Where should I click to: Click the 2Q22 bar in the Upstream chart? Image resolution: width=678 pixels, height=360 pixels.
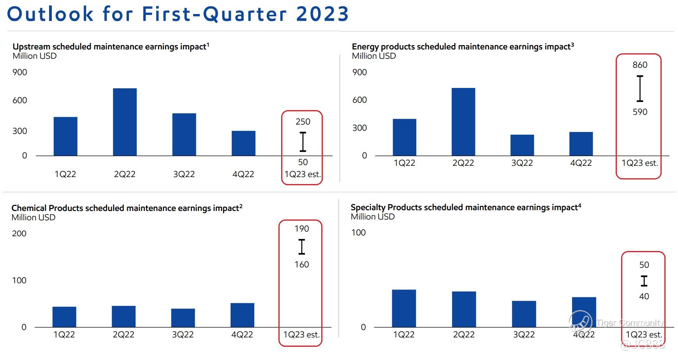point(125,122)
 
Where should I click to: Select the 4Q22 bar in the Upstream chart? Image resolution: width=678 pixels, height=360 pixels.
point(243,143)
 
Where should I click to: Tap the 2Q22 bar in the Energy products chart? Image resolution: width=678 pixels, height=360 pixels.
point(463,121)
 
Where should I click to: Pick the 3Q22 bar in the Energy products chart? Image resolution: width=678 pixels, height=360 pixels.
point(522,145)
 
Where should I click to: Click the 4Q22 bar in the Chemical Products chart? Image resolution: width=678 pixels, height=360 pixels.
point(242,315)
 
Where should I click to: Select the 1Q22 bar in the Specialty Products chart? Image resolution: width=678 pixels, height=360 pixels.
point(404,308)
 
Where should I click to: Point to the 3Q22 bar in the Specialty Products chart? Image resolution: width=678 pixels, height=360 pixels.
point(524,314)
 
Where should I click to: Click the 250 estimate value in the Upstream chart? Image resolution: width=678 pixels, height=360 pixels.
point(303,122)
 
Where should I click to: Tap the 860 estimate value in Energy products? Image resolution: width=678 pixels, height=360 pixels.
point(640,65)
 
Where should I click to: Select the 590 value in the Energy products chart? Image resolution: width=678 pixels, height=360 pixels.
point(640,112)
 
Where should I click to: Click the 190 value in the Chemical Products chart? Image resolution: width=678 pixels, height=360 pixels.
point(301,229)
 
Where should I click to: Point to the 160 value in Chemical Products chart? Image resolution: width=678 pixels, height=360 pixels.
point(301,265)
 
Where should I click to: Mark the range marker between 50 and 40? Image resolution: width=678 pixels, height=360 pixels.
point(644,281)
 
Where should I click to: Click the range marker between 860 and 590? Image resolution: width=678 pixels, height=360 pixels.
point(640,89)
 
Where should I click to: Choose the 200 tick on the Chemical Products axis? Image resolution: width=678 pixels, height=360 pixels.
point(19,234)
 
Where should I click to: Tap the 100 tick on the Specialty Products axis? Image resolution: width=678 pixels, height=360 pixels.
point(358,233)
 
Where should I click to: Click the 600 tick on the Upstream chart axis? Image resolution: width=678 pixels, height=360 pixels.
point(19,100)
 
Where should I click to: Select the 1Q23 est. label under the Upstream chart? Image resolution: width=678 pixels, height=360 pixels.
point(303,174)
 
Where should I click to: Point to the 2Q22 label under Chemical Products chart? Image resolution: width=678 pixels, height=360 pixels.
point(123,335)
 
